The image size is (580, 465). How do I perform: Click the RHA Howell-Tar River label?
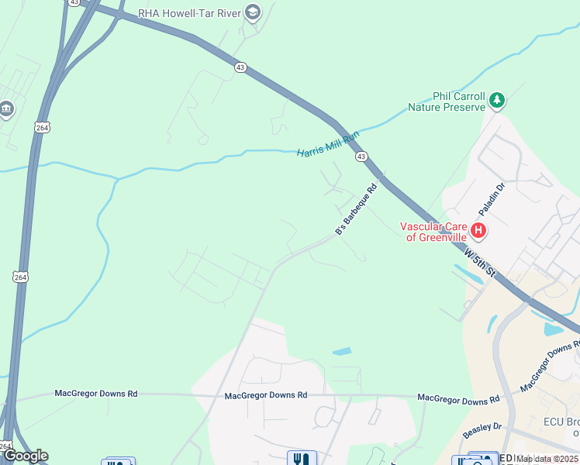189,12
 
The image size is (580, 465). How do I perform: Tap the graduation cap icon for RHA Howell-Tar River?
252,12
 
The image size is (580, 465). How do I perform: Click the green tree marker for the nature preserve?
496,100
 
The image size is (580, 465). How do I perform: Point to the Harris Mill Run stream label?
328,143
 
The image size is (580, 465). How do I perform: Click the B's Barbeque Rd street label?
355,209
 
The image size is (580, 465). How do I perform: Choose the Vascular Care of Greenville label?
433,232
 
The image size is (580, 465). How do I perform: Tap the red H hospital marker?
478,230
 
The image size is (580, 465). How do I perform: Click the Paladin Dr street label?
491,200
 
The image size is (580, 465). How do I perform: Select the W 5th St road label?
479,263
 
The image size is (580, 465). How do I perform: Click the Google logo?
26,456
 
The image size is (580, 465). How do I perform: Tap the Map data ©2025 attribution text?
547,459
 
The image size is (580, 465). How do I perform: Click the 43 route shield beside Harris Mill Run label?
362,157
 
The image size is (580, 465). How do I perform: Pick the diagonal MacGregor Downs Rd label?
550,365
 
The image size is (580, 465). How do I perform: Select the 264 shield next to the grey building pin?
41,127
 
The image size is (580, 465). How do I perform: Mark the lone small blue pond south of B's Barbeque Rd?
341,351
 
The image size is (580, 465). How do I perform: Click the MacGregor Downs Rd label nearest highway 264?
95,394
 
